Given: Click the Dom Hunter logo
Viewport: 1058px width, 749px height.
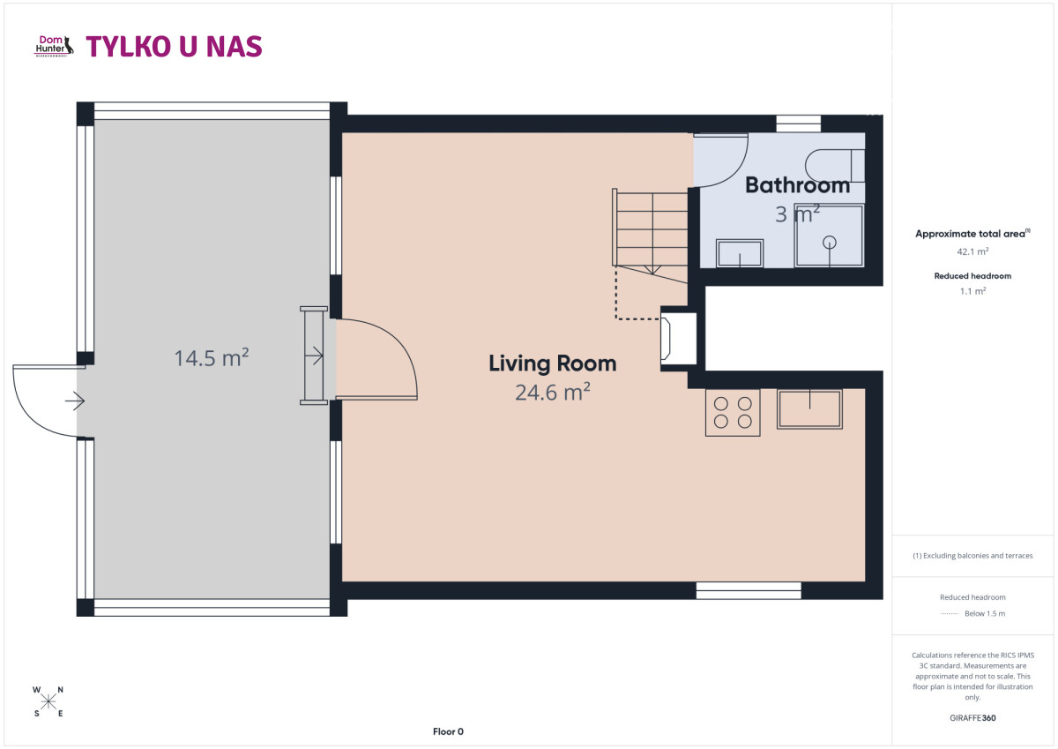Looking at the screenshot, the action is coord(55,46).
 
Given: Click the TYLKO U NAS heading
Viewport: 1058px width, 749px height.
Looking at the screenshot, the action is coord(174,46).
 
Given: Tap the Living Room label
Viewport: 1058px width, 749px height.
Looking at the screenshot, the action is coord(552,363).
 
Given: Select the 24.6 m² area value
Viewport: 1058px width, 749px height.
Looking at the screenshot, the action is coord(552,393).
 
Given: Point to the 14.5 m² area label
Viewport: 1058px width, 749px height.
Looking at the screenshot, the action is coord(211,357).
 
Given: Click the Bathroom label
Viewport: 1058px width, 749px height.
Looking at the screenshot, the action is coord(797,185).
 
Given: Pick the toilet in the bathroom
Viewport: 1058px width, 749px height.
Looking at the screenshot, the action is coord(835,166).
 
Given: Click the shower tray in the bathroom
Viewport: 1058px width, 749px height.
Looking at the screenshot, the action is coord(829,236).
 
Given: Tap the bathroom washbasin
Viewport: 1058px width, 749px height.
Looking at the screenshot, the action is coord(740,253).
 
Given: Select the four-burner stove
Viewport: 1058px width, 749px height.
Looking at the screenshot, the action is coord(733,412).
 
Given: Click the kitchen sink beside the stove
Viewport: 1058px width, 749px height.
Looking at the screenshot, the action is coord(809,408).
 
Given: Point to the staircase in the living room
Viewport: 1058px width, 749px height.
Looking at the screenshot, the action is coord(650,236).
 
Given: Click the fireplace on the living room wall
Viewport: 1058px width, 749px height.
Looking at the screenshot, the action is coord(666,339).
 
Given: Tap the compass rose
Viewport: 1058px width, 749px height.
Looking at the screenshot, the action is coord(48,701).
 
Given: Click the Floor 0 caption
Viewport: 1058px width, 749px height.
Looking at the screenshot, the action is coord(448,731).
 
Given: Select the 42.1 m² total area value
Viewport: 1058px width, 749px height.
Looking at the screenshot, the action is coord(972,251).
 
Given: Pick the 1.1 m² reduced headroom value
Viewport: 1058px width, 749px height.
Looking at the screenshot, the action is coord(972,291).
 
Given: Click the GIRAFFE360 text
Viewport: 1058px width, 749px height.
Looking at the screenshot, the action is coord(972,718).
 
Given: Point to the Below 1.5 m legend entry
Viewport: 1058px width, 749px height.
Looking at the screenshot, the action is coord(972,613).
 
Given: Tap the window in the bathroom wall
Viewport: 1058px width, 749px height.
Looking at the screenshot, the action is coord(798,124).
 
